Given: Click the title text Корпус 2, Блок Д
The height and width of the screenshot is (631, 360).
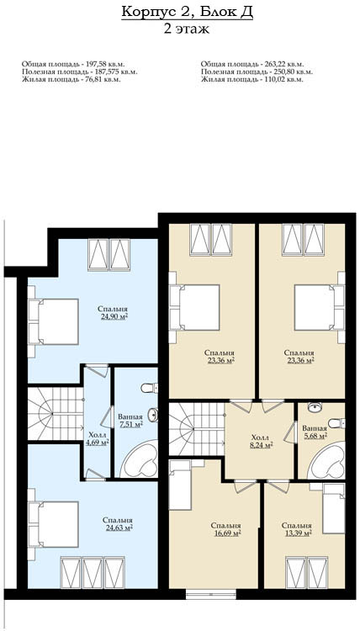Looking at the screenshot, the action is point(187,13).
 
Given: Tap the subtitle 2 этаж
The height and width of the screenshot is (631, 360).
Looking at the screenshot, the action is point(187,29).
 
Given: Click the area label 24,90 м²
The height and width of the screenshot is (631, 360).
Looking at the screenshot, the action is point(114,316).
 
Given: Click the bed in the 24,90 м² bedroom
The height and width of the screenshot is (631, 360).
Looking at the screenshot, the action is point(53,321).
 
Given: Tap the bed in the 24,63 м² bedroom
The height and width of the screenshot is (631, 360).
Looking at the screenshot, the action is point(53,524).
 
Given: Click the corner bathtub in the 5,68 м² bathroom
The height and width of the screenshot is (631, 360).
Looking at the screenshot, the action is point(326,461).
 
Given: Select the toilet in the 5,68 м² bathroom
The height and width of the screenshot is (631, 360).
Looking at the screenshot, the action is point(336,423).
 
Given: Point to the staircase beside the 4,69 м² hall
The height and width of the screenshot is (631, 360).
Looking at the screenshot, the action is point(56,413).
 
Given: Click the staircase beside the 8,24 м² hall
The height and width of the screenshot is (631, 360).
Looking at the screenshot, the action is point(196,429).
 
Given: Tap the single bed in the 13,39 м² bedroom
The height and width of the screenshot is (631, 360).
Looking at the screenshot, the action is point(334,509).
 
